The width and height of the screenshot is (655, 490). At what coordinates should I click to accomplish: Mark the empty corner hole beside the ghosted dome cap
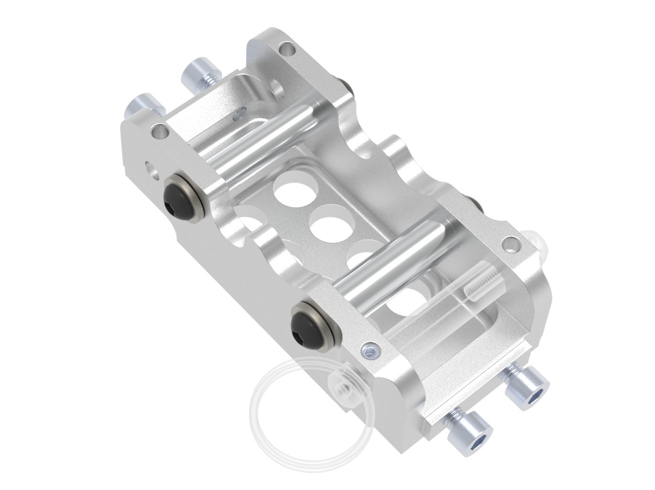[511, 243]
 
